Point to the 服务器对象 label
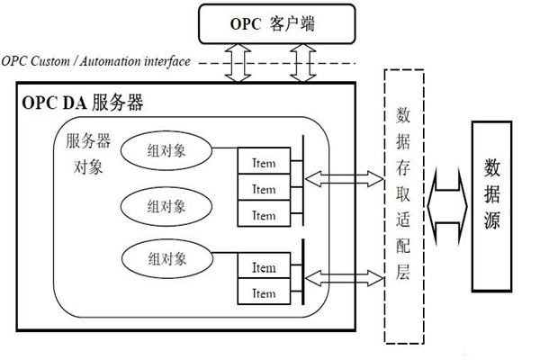[x=88, y=154]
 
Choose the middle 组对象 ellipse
[x=166, y=205]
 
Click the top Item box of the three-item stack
[x=264, y=163]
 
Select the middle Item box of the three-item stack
[x=264, y=189]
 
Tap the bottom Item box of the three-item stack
[x=264, y=215]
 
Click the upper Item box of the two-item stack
[x=264, y=267]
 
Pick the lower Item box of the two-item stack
[x=264, y=292]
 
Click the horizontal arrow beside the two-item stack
[x=343, y=274]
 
